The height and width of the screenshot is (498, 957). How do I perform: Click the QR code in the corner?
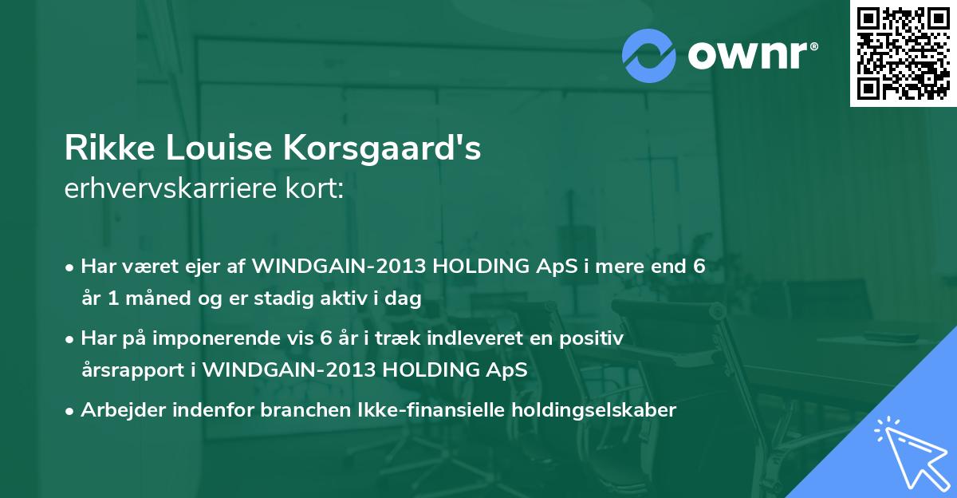click(903, 53)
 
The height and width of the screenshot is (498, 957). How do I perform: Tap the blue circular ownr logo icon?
click(648, 56)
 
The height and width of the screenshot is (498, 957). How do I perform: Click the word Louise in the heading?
click(219, 148)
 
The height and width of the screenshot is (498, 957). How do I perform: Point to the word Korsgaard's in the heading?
click(382, 148)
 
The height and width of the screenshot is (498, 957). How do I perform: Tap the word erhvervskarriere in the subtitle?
click(171, 188)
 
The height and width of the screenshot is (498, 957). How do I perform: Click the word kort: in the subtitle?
click(314, 188)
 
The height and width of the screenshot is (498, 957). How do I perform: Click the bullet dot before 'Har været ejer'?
click(69, 268)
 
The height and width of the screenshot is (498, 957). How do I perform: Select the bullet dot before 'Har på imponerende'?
click(69, 340)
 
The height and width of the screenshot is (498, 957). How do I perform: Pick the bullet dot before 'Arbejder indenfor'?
click(69, 412)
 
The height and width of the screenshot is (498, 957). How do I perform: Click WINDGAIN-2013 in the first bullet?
click(339, 267)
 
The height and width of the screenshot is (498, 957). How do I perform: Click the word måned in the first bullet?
click(158, 298)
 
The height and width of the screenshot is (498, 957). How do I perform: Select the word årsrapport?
click(133, 370)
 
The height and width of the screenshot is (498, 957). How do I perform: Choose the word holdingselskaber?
click(594, 410)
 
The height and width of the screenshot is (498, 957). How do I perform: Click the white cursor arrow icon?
click(912, 453)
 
